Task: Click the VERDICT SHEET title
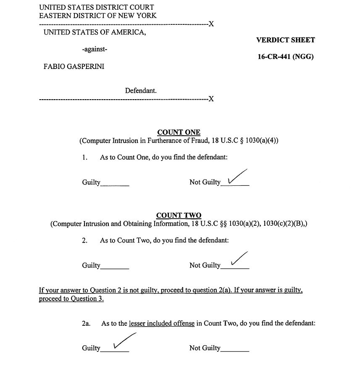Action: click(285, 40)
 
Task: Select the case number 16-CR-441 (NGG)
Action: click(285, 57)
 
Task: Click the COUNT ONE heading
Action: click(179, 132)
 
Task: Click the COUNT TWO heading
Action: click(179, 216)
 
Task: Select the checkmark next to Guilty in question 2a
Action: click(123, 341)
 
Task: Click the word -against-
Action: click(95, 50)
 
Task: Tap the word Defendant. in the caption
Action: click(141, 90)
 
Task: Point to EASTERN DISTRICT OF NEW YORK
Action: click(97, 16)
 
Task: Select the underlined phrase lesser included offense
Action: click(162, 324)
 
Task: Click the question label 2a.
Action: click(86, 324)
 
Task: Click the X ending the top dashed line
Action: click(211, 24)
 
